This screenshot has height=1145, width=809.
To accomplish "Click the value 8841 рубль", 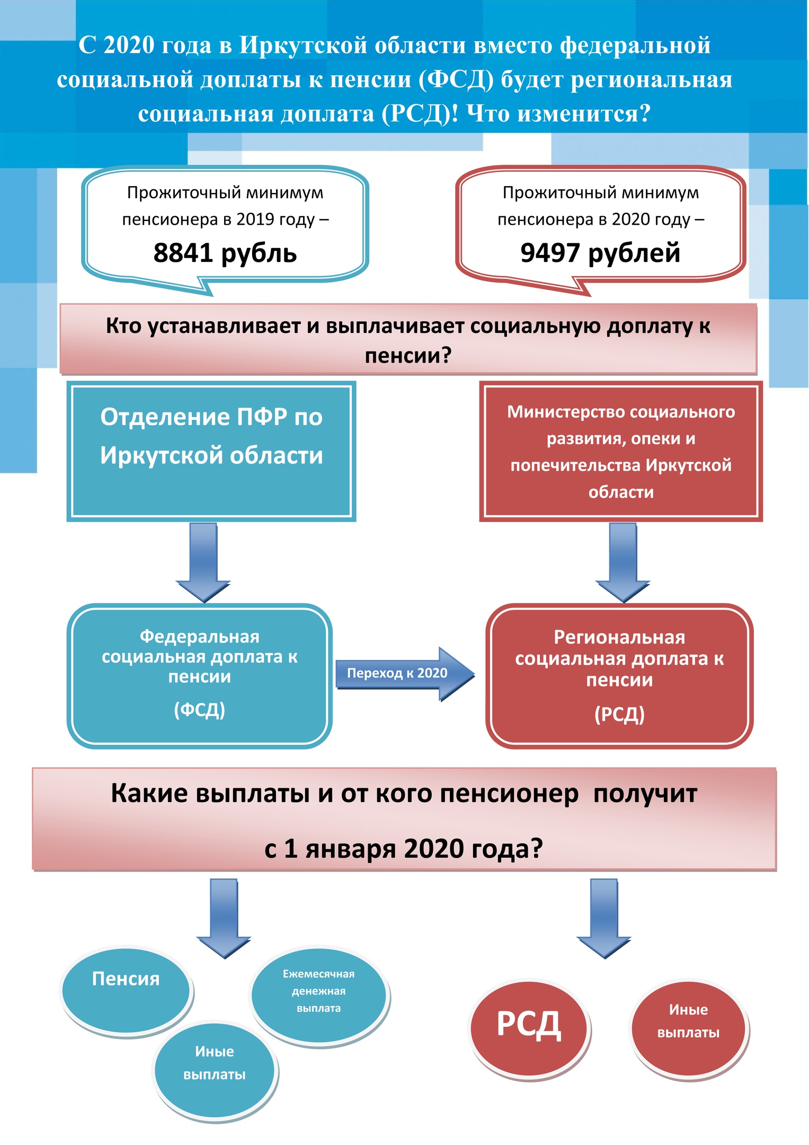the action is (x=225, y=253).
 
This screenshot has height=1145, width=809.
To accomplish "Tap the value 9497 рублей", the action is (x=600, y=253).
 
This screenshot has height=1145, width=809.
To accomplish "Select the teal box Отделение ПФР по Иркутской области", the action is (x=211, y=451).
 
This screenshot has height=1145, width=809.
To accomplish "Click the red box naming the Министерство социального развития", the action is (x=621, y=451).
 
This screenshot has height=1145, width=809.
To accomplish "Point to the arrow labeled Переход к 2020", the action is (x=405, y=674).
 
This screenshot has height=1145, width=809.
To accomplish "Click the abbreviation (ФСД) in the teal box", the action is (x=200, y=709).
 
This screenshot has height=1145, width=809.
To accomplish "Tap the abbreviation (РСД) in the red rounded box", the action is (x=619, y=715).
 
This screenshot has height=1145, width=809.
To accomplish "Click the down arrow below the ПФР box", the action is (x=203, y=562).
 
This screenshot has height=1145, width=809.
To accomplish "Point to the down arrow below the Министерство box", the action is (x=623, y=562).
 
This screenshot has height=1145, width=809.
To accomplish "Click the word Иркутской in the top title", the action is (x=303, y=45).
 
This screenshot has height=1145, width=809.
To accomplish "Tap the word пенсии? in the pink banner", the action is (x=408, y=355).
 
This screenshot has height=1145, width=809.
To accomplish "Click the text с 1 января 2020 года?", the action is (x=404, y=849).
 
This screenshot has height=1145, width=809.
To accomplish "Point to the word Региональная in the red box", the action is (x=619, y=637).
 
